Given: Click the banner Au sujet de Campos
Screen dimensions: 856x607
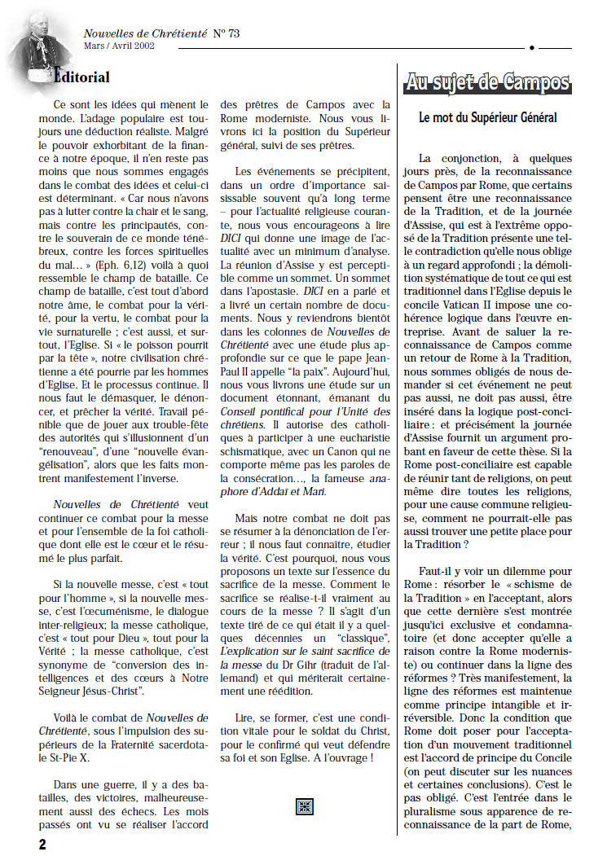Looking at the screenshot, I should coord(487,82).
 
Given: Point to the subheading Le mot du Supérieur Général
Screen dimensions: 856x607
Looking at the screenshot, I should coord(487,118).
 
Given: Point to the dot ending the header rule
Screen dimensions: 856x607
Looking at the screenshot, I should coord(531,48).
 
